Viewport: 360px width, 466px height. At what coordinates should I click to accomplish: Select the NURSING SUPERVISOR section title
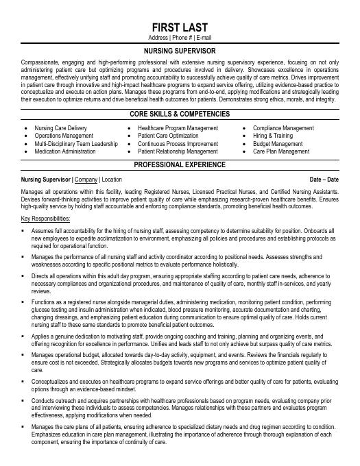pos(180,51)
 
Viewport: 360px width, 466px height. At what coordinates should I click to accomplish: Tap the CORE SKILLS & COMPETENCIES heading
pos(180,114)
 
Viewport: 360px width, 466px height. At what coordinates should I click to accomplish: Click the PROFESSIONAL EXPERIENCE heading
pos(180,164)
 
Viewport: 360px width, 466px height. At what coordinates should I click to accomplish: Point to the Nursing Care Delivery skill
pos(60,128)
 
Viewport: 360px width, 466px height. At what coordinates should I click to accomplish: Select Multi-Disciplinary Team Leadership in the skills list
pos(76,144)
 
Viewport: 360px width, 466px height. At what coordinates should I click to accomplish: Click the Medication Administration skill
pos(65,151)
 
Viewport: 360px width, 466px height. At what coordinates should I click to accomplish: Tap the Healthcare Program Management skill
pos(178,128)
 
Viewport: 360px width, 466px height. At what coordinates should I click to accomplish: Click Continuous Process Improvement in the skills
pos(178,144)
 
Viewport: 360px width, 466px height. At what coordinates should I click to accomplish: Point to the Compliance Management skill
pos(283,128)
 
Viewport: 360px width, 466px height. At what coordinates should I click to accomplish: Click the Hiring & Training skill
pos(272,136)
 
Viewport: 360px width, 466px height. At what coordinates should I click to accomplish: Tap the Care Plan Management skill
pos(281,151)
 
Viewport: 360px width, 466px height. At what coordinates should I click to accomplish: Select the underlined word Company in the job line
pos(86,179)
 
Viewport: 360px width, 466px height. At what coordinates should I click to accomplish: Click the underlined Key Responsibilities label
pos(46,218)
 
